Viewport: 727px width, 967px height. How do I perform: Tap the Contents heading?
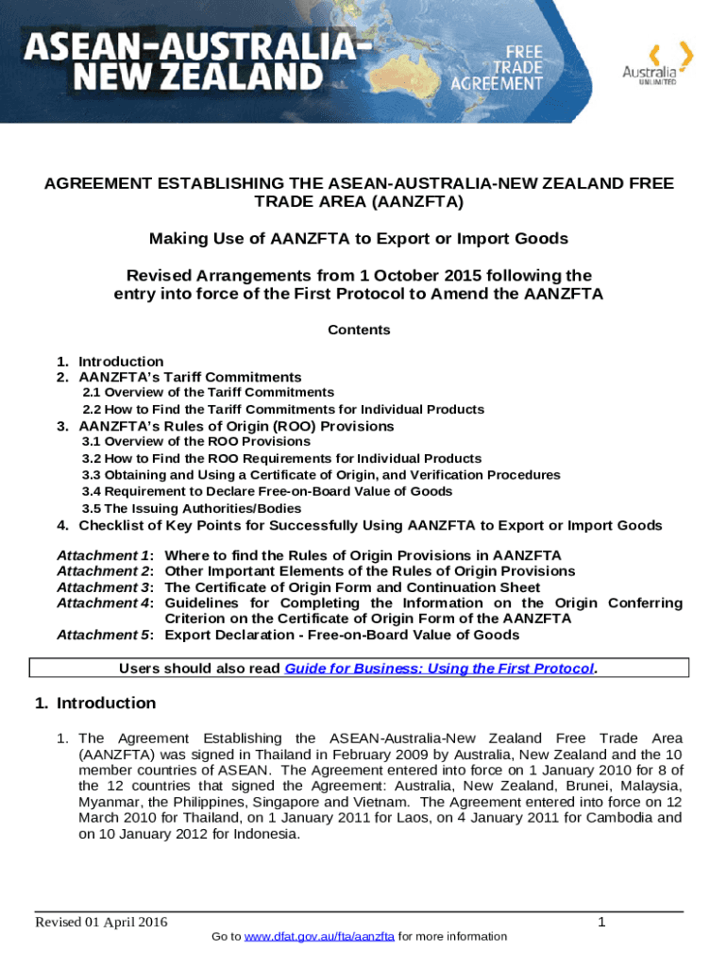point(359,330)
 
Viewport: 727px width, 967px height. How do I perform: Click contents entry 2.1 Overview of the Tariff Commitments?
point(208,392)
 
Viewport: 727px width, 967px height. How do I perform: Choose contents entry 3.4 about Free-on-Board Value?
point(267,491)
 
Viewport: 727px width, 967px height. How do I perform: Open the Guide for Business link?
point(439,669)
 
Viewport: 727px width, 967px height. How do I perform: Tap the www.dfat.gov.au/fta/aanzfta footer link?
point(319,936)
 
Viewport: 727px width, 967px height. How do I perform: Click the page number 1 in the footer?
point(601,922)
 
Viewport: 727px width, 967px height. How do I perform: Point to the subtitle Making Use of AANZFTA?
point(359,239)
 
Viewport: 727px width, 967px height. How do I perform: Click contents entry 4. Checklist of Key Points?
point(370,525)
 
